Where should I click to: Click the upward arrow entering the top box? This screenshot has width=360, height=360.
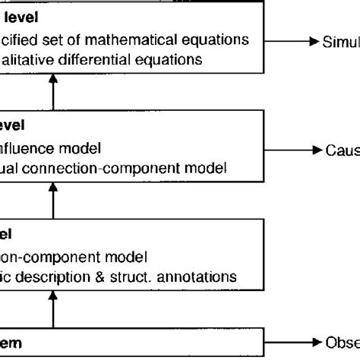pos(53,93)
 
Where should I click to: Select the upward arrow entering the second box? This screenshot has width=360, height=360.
pos(53,201)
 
